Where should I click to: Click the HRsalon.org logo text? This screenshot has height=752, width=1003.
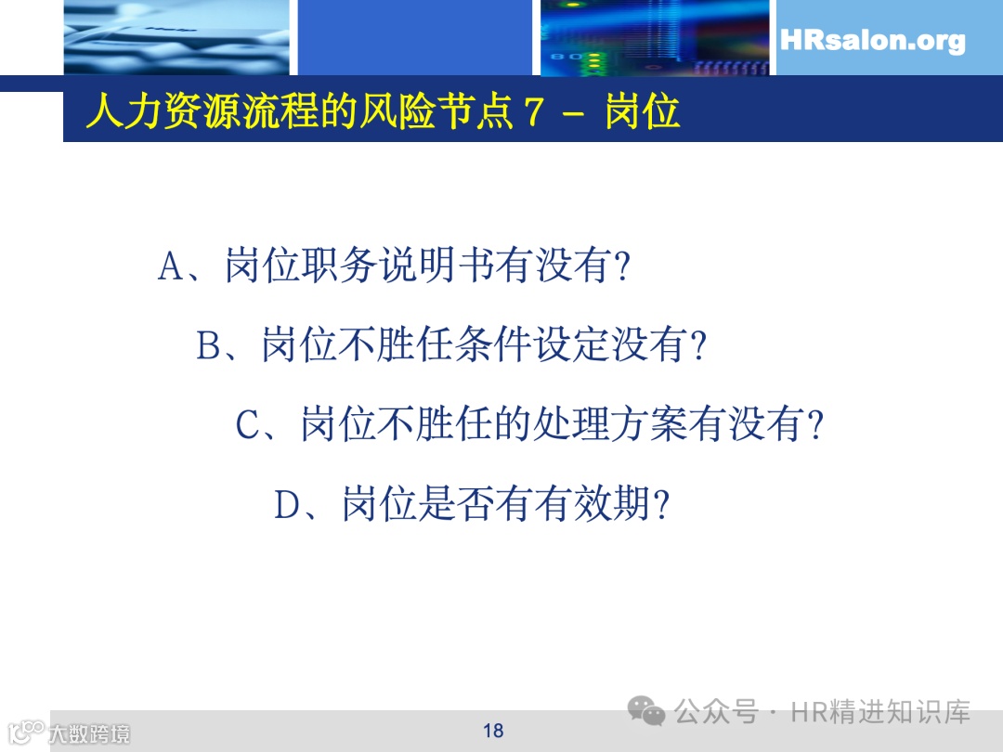tap(872, 41)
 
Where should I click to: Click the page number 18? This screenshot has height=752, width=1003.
tap(493, 731)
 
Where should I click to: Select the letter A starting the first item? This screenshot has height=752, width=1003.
tap(173, 267)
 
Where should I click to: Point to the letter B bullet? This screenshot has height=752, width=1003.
tap(210, 346)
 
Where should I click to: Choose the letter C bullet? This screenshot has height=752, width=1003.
tap(249, 425)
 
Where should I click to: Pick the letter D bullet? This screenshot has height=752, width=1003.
tap(287, 505)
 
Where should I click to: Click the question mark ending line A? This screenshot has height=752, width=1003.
tap(623, 268)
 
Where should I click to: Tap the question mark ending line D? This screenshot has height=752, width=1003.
tap(661, 506)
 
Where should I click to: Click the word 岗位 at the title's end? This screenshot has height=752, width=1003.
tap(643, 112)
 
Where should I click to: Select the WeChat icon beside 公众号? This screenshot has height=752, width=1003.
tap(646, 712)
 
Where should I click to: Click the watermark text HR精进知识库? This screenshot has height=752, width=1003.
tap(880, 712)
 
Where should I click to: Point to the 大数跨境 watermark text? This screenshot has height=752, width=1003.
tap(89, 733)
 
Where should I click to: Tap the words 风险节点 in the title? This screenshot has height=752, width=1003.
tap(431, 112)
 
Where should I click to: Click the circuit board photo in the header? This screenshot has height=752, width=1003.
tap(654, 37)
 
